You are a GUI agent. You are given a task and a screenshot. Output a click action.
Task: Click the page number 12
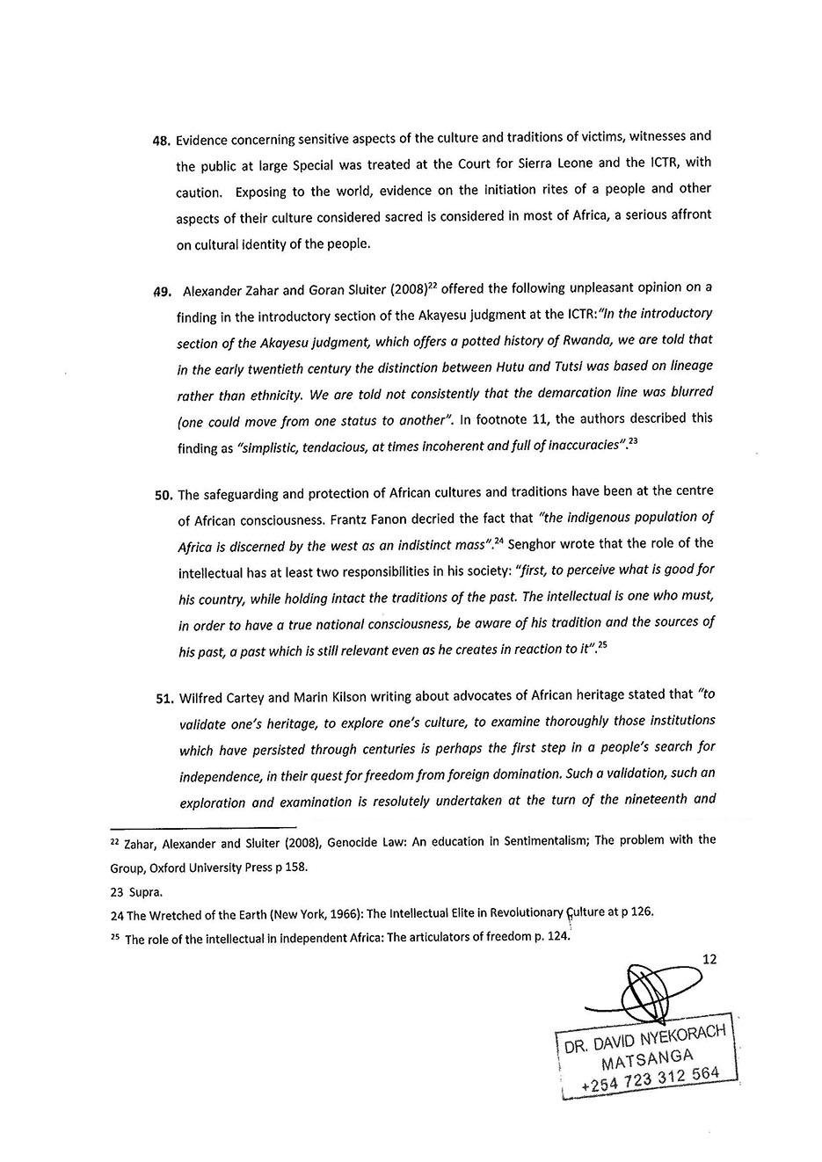709,959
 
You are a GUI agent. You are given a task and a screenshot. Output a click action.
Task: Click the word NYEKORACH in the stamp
683,1036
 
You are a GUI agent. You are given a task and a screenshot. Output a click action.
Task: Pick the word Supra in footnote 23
145,892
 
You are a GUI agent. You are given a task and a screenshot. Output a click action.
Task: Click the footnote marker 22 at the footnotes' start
115,840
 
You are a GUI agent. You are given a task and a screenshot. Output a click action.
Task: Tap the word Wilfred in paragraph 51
202,699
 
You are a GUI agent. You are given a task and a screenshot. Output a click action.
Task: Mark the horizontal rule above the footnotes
202,827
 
